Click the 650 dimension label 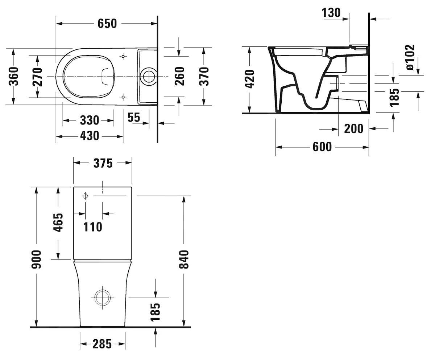[107, 24]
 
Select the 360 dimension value [14, 76]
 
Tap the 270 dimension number [37, 77]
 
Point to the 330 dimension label [89, 120]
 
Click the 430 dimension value [89, 136]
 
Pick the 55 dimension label [134, 117]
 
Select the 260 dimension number [180, 76]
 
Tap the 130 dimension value [331, 13]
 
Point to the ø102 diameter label [410, 57]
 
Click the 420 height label [250, 79]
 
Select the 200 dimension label [353, 128]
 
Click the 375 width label [103, 163]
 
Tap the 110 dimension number [93, 227]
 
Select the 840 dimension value [184, 259]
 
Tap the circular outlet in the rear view [103, 298]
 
